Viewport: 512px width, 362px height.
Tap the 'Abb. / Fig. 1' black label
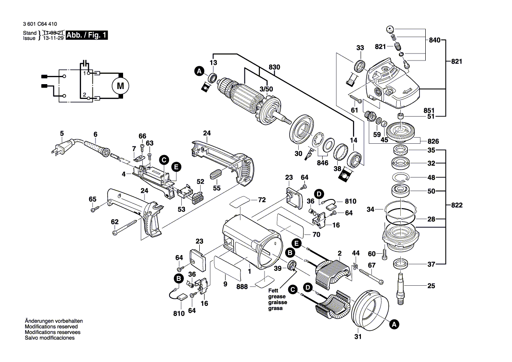pos(86,35)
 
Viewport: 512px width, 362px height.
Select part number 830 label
pos(274,67)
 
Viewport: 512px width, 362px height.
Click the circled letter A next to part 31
pos(394,324)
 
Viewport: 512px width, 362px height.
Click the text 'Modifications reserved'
pos(51,327)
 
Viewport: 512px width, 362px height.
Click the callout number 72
pos(262,200)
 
